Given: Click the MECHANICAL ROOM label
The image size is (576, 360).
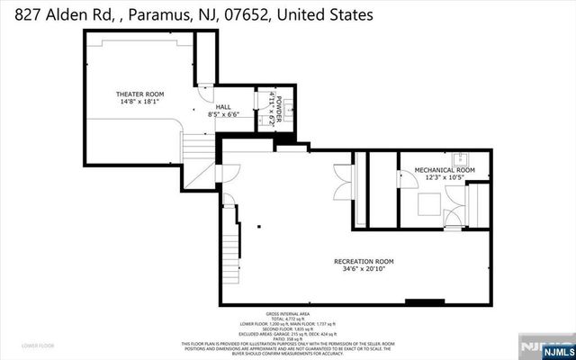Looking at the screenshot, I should click(444, 169).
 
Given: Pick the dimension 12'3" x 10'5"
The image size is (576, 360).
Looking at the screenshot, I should click(444, 177).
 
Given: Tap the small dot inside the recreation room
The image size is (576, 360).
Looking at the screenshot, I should click(259, 226).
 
